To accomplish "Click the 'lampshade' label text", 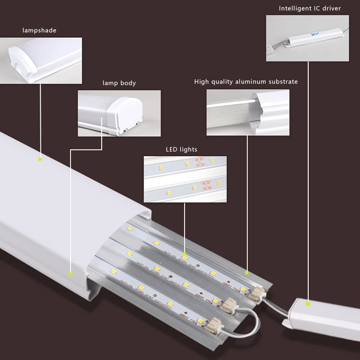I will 40,31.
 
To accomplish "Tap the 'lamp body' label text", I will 119,83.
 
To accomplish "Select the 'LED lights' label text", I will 182,149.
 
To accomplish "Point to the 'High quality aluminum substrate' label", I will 246,82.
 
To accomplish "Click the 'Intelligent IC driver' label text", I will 310,8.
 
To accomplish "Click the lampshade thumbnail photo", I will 41,60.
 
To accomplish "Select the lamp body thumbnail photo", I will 119,113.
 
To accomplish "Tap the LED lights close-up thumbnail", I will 185,179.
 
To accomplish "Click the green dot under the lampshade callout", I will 40,159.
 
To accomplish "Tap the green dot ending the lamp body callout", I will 70,273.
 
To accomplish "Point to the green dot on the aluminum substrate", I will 247,272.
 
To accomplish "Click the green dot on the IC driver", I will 308,304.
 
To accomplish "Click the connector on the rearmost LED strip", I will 257,293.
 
